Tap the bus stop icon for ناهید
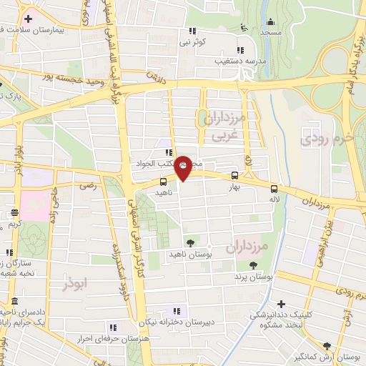coord(164,182)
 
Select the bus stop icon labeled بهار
coord(234,175)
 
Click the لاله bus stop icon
coord(274,189)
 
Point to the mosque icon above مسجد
coord(244,27)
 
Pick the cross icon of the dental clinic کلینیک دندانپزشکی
coord(281,305)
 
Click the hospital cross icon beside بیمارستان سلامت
coord(27,18)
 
